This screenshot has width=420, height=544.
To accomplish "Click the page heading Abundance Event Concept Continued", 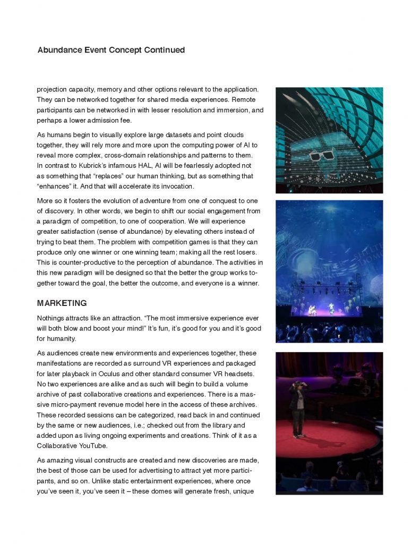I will pyautogui.click(x=111, y=50).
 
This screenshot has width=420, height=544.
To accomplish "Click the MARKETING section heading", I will pyautogui.click(x=62, y=303).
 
